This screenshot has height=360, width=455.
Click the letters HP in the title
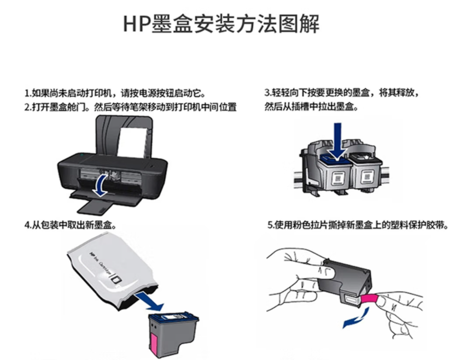pos(136,24)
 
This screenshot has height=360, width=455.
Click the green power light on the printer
pos(81,155)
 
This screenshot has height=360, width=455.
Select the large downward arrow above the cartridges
pos(337,141)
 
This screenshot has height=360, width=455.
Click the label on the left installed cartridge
pos(338,178)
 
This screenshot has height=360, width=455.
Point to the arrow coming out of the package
pos(150,301)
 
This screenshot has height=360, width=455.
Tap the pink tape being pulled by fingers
pos(369,299)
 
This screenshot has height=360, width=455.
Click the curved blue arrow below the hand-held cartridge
pos(356,318)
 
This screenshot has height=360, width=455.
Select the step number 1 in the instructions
pos(26,94)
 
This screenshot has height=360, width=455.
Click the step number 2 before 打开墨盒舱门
pos(27,108)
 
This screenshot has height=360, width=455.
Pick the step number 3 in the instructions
pos(267,93)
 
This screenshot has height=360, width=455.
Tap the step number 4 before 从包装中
pos(27,225)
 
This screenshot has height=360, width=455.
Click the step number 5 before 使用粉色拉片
pos(270,225)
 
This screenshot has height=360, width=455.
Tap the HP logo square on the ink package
pos(117,279)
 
